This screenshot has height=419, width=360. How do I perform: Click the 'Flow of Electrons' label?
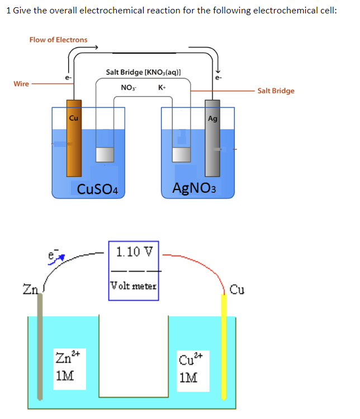(58, 40)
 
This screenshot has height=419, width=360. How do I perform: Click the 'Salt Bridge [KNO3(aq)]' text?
(143, 72)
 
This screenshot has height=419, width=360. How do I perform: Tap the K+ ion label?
(162, 87)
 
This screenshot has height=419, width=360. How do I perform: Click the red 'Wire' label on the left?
(21, 84)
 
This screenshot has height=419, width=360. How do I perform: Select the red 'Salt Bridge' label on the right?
(276, 91)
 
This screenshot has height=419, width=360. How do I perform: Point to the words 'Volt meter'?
(134, 285)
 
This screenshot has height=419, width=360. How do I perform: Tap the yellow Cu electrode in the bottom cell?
(225, 346)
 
